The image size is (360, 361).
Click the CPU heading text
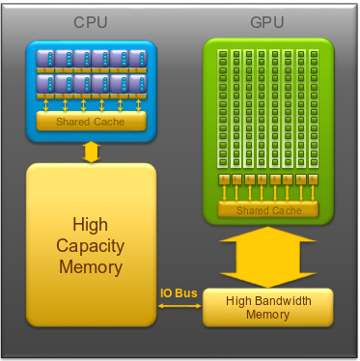(x=91, y=22)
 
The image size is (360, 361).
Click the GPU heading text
(x=267, y=22)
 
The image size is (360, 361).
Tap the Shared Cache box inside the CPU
(x=92, y=122)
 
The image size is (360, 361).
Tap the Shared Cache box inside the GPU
(x=268, y=209)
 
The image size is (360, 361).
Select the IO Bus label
(x=179, y=293)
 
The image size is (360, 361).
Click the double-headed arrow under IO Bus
(x=180, y=306)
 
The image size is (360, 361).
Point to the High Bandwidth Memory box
(x=268, y=307)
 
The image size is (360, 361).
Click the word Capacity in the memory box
(x=91, y=246)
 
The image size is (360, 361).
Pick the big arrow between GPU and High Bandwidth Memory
(x=267, y=257)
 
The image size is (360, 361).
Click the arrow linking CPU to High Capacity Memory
(x=92, y=152)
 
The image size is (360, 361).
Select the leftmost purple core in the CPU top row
(x=45, y=58)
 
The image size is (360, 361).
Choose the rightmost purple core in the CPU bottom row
(x=138, y=83)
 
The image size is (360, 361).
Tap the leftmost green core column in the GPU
(x=223, y=108)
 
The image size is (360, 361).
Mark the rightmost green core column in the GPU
(x=314, y=108)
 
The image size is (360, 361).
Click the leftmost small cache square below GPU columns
(x=223, y=180)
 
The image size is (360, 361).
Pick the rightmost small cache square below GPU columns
(x=313, y=180)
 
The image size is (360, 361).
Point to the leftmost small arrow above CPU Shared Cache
(x=46, y=105)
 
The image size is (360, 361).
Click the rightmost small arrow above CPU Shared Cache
(x=139, y=105)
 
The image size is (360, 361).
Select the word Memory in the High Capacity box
(x=91, y=267)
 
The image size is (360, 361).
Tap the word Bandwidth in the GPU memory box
(x=284, y=301)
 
